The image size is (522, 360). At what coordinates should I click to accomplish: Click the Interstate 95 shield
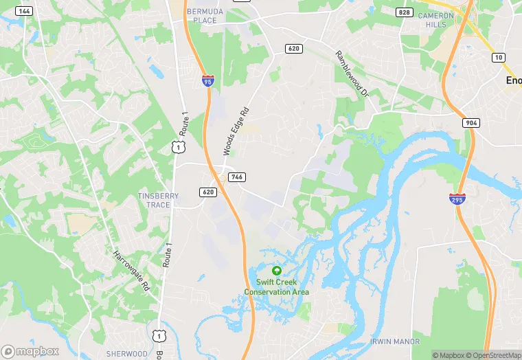207,81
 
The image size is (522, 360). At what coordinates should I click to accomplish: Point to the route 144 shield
24,11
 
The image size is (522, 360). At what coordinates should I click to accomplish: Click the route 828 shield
405,12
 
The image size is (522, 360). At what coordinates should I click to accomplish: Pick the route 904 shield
471,122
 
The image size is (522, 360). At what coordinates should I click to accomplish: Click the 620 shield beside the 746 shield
209,192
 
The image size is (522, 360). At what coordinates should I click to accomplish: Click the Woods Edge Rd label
235,131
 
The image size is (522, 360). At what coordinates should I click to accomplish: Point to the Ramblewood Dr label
352,73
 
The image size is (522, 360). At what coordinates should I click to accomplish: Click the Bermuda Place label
201,16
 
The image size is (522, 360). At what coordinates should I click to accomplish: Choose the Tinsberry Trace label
158,200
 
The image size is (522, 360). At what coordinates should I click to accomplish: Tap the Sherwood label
126,354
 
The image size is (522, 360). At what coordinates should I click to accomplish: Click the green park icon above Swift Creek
277,271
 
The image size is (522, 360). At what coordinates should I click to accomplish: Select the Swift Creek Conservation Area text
277,287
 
